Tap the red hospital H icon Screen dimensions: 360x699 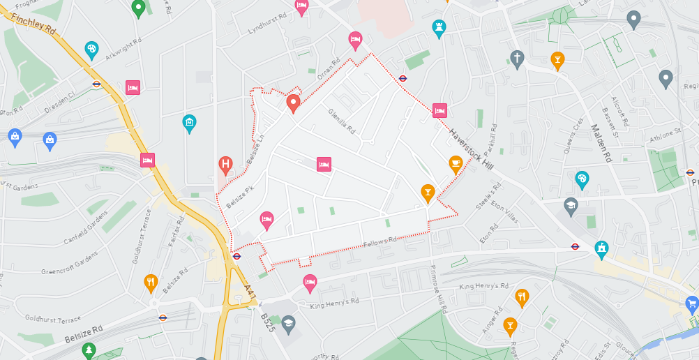225,165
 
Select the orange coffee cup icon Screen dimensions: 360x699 456,164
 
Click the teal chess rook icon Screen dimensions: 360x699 439,27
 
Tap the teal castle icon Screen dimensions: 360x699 601,248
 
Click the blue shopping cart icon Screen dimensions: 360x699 691,303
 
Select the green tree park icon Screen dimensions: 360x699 88,349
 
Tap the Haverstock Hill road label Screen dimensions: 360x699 471,148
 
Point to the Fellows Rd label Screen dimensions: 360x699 380,241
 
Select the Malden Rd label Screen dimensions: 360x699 600,142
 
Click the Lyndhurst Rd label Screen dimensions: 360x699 267,25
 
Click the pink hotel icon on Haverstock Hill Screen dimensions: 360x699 439,110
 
